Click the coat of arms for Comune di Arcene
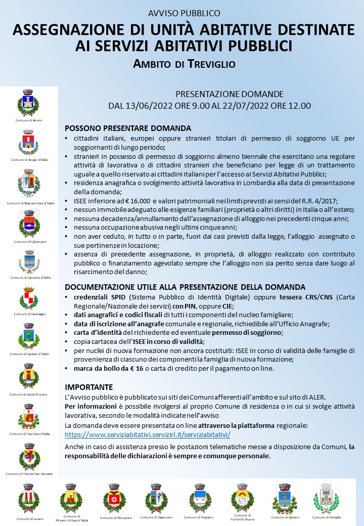coord(28,103)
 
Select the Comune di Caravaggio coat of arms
coord(28,298)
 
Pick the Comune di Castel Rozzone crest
coord(28,376)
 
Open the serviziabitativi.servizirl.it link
coord(148,434)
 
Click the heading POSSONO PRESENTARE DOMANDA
coord(128,128)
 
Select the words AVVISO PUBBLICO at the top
coord(185,13)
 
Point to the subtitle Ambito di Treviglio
coord(185,64)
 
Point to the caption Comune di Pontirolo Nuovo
coord(242,517)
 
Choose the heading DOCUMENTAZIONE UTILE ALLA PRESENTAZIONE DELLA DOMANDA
coord(185,287)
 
